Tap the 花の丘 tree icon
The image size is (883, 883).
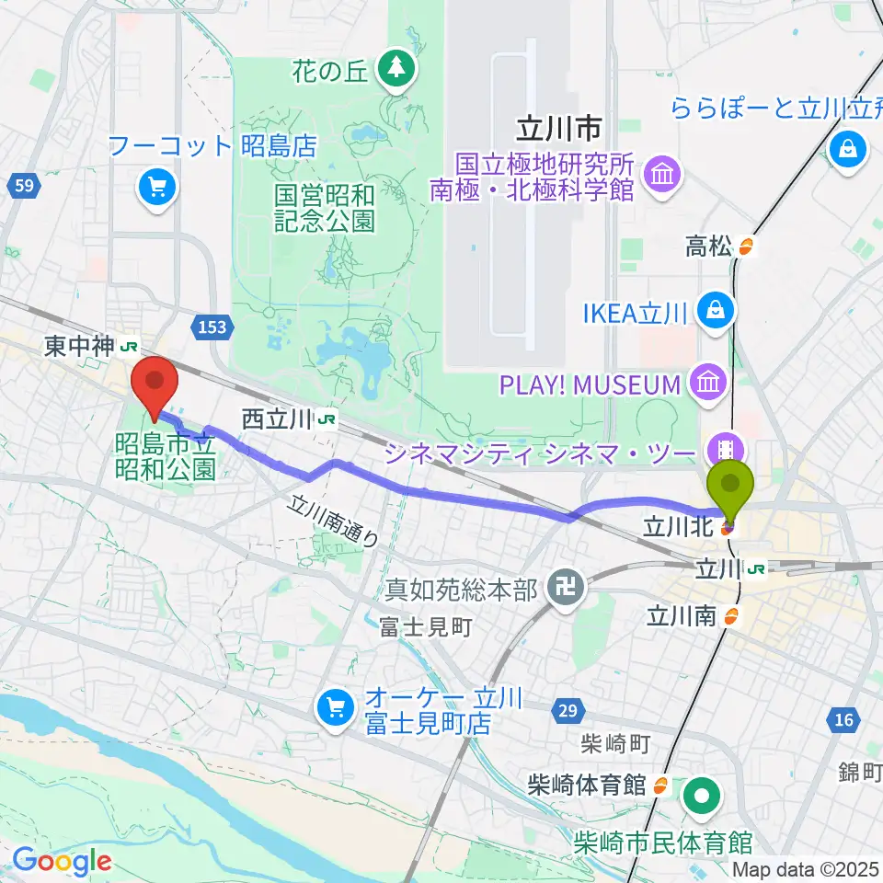[x=396, y=67]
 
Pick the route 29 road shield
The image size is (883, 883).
[x=567, y=711]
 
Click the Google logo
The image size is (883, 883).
[x=62, y=860]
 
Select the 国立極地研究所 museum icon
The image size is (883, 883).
[x=661, y=171]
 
